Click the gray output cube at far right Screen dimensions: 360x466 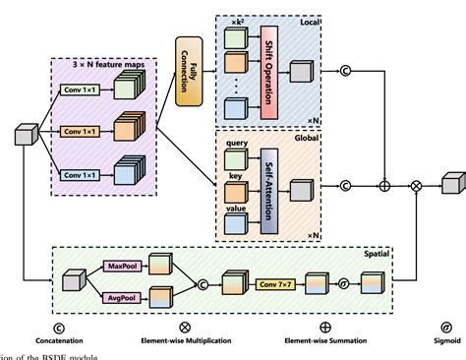[450, 183]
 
